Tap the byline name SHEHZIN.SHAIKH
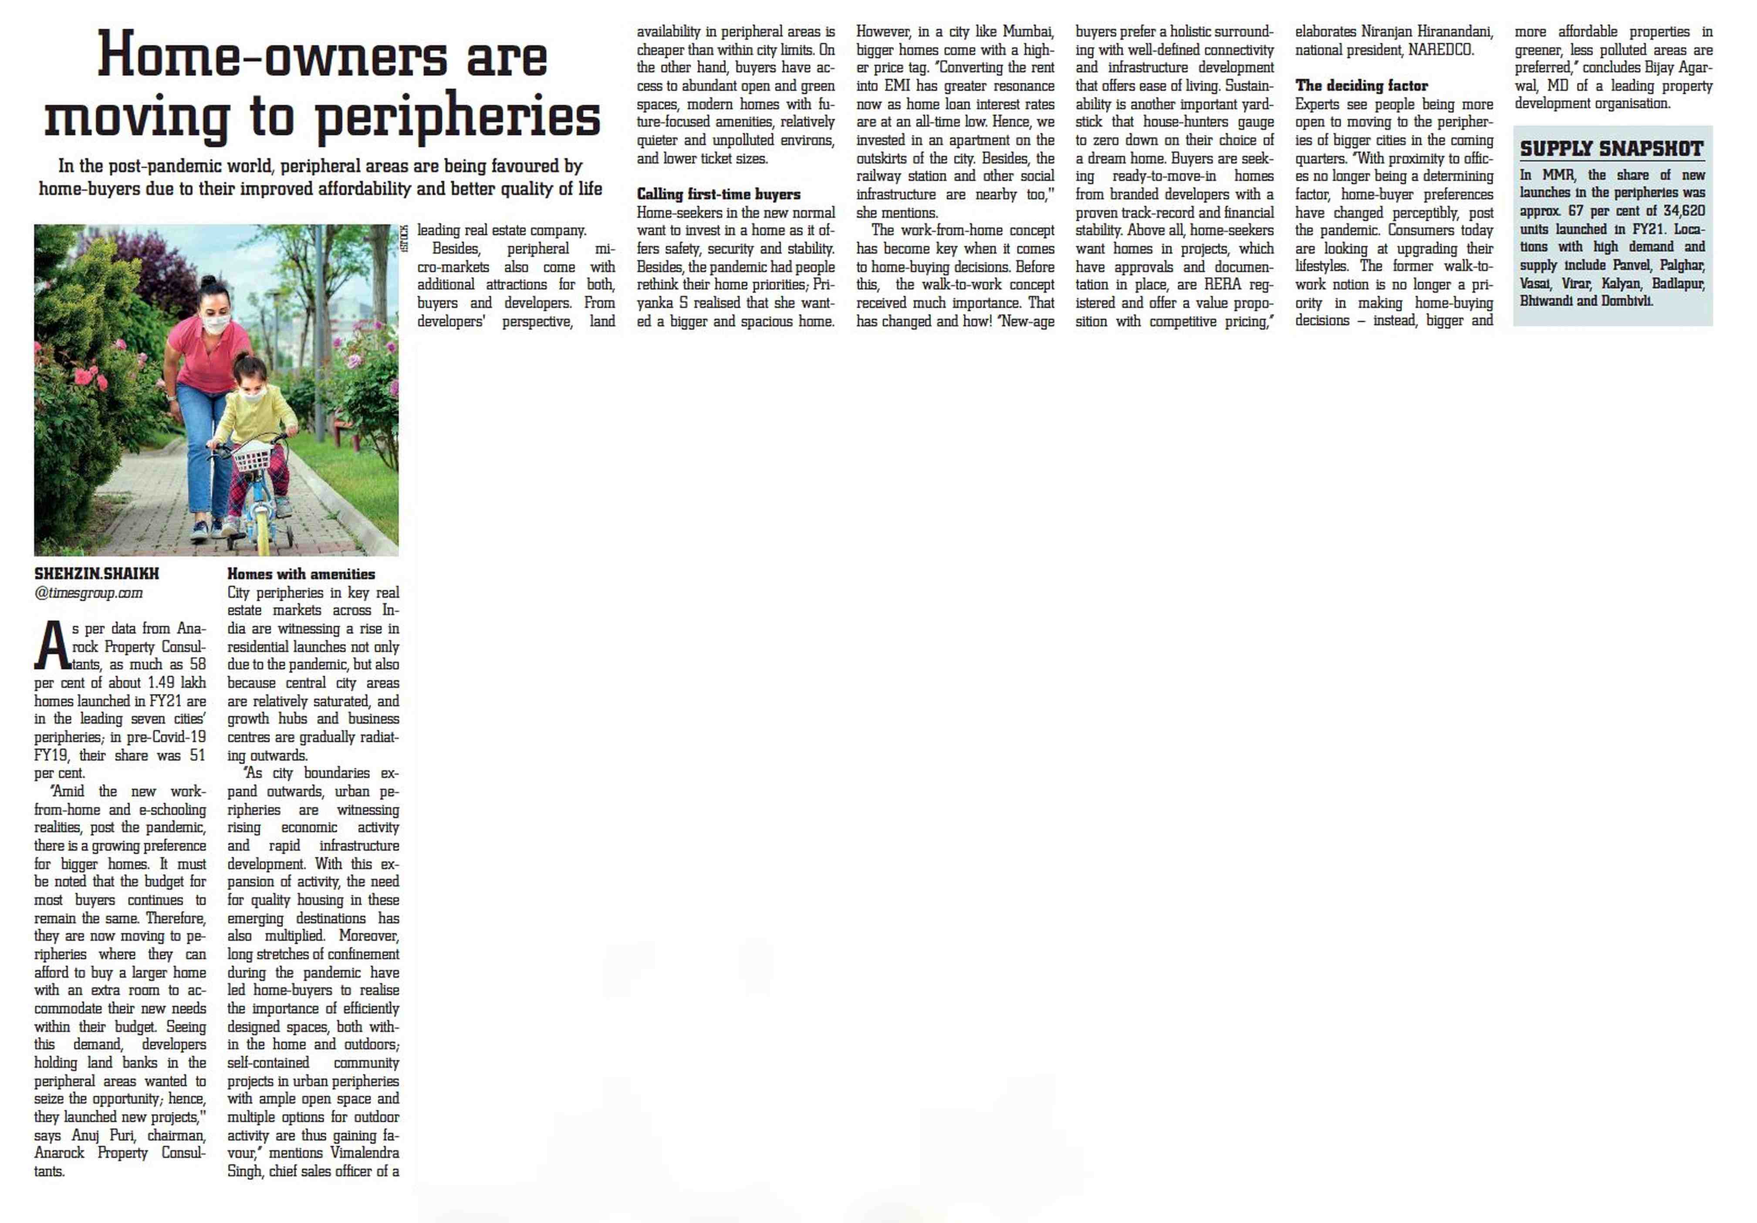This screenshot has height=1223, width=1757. [x=96, y=573]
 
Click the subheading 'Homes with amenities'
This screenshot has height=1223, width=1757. [x=301, y=573]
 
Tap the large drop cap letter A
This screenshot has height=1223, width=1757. [x=52, y=645]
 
